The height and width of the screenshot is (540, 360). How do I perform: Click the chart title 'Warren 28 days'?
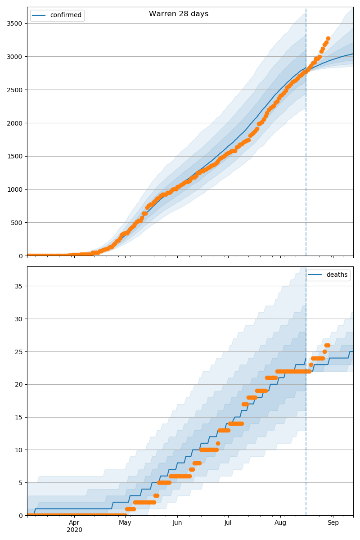pos(179,14)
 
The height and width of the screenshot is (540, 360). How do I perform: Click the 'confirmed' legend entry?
pos(66,15)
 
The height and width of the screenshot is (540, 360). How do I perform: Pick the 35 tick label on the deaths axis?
pos(19,286)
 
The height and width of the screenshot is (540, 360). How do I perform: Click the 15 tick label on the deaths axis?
pos(19,417)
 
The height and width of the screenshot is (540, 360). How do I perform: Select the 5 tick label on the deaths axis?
pos(21,483)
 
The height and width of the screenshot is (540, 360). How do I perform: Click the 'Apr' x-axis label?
pos(74,523)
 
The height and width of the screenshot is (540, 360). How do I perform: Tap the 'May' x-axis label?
pos(125,523)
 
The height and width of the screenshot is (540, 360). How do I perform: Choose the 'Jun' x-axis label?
pos(177,523)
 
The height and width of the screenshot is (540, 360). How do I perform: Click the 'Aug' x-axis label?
pos(280,523)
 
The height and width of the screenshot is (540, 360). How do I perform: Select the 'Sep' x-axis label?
pos(333,523)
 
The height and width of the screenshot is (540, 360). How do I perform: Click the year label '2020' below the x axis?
pos(74,530)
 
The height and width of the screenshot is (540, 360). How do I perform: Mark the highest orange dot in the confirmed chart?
pos(328,39)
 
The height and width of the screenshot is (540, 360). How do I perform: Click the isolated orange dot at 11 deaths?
pos(218,443)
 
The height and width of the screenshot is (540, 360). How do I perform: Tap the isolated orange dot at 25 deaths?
pos(324,351)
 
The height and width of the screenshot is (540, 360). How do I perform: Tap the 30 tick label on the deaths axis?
pos(19,319)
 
